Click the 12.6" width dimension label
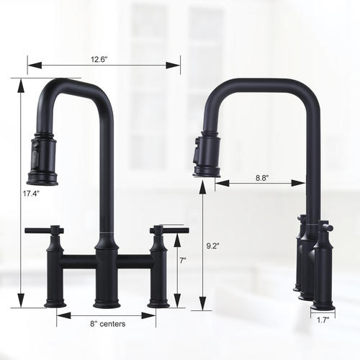[x=99, y=59]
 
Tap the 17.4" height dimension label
[x=31, y=194]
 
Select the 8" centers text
[x=108, y=324]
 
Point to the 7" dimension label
[x=183, y=261]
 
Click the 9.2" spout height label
[x=213, y=246]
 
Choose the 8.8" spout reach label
[x=262, y=178]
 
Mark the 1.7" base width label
[x=323, y=320]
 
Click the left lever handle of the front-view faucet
[x=44, y=230]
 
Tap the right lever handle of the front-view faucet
[x=169, y=230]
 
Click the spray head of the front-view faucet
[x=43, y=158]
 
